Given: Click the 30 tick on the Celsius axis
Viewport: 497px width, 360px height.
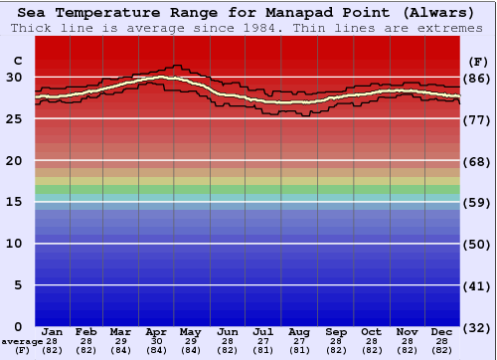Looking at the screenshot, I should (x=15, y=77).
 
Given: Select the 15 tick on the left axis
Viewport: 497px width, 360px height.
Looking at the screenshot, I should (x=15, y=202).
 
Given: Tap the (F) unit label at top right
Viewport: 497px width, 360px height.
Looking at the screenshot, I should (x=476, y=61).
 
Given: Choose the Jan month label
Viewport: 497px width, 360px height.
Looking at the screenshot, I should (x=53, y=331).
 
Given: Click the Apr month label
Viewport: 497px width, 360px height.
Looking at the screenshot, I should (x=156, y=331).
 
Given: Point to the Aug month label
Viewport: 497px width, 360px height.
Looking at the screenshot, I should (x=299, y=331).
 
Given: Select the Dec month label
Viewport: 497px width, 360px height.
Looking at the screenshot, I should (x=442, y=331).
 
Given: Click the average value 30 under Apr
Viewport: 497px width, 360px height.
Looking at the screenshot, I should (x=156, y=341).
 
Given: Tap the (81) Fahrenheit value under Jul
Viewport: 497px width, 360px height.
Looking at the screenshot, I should (x=263, y=350).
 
